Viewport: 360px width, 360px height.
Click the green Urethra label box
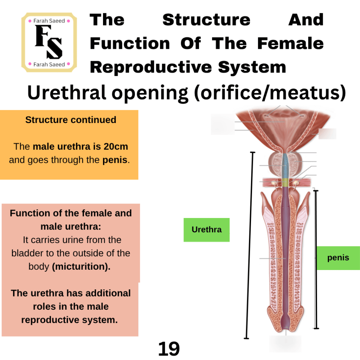coord(206,230)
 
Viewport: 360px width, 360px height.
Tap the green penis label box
coord(338,258)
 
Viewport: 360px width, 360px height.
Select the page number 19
coord(169,348)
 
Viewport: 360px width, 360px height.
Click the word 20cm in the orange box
coord(116,147)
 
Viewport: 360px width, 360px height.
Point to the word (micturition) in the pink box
coord(81,266)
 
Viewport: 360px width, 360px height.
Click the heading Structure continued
coord(71,120)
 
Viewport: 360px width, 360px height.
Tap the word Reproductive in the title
coord(151,67)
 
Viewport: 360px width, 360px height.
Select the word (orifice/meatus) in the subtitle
coord(270,93)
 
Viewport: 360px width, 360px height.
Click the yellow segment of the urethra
coord(285,182)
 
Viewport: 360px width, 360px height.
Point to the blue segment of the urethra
coord(285,166)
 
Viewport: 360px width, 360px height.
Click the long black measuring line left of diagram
coord(249,245)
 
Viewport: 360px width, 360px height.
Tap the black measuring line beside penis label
coord(316,259)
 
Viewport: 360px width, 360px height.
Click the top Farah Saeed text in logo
coord(49,21)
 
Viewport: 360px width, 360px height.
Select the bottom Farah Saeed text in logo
coord(49,65)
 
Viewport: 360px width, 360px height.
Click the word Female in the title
coord(290,43)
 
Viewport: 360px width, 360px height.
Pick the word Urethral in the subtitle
coord(66,92)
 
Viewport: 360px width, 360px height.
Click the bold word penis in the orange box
coord(115,160)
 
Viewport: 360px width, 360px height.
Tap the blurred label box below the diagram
coord(285,344)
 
